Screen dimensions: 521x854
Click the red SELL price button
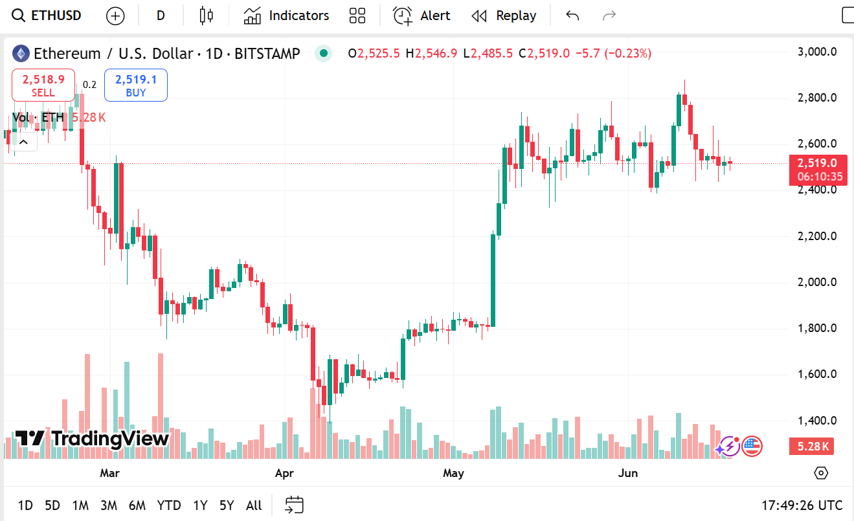43,85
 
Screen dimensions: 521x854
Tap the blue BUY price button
136,85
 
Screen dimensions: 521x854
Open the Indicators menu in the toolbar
286,16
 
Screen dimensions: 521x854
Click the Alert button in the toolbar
421,16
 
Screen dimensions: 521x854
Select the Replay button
504,16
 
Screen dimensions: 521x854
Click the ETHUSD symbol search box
48,16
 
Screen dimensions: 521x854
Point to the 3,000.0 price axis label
817,52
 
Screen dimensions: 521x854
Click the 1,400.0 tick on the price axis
817,421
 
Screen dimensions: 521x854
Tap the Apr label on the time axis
284,473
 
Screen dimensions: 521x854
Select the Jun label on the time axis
627,473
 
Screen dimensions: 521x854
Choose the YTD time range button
169,505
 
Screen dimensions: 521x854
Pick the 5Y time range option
226,505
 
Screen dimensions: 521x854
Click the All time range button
254,505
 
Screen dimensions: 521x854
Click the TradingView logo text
92,439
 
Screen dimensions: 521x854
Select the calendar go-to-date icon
295,505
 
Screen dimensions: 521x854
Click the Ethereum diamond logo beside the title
21,53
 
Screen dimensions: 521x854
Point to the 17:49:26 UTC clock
802,505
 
